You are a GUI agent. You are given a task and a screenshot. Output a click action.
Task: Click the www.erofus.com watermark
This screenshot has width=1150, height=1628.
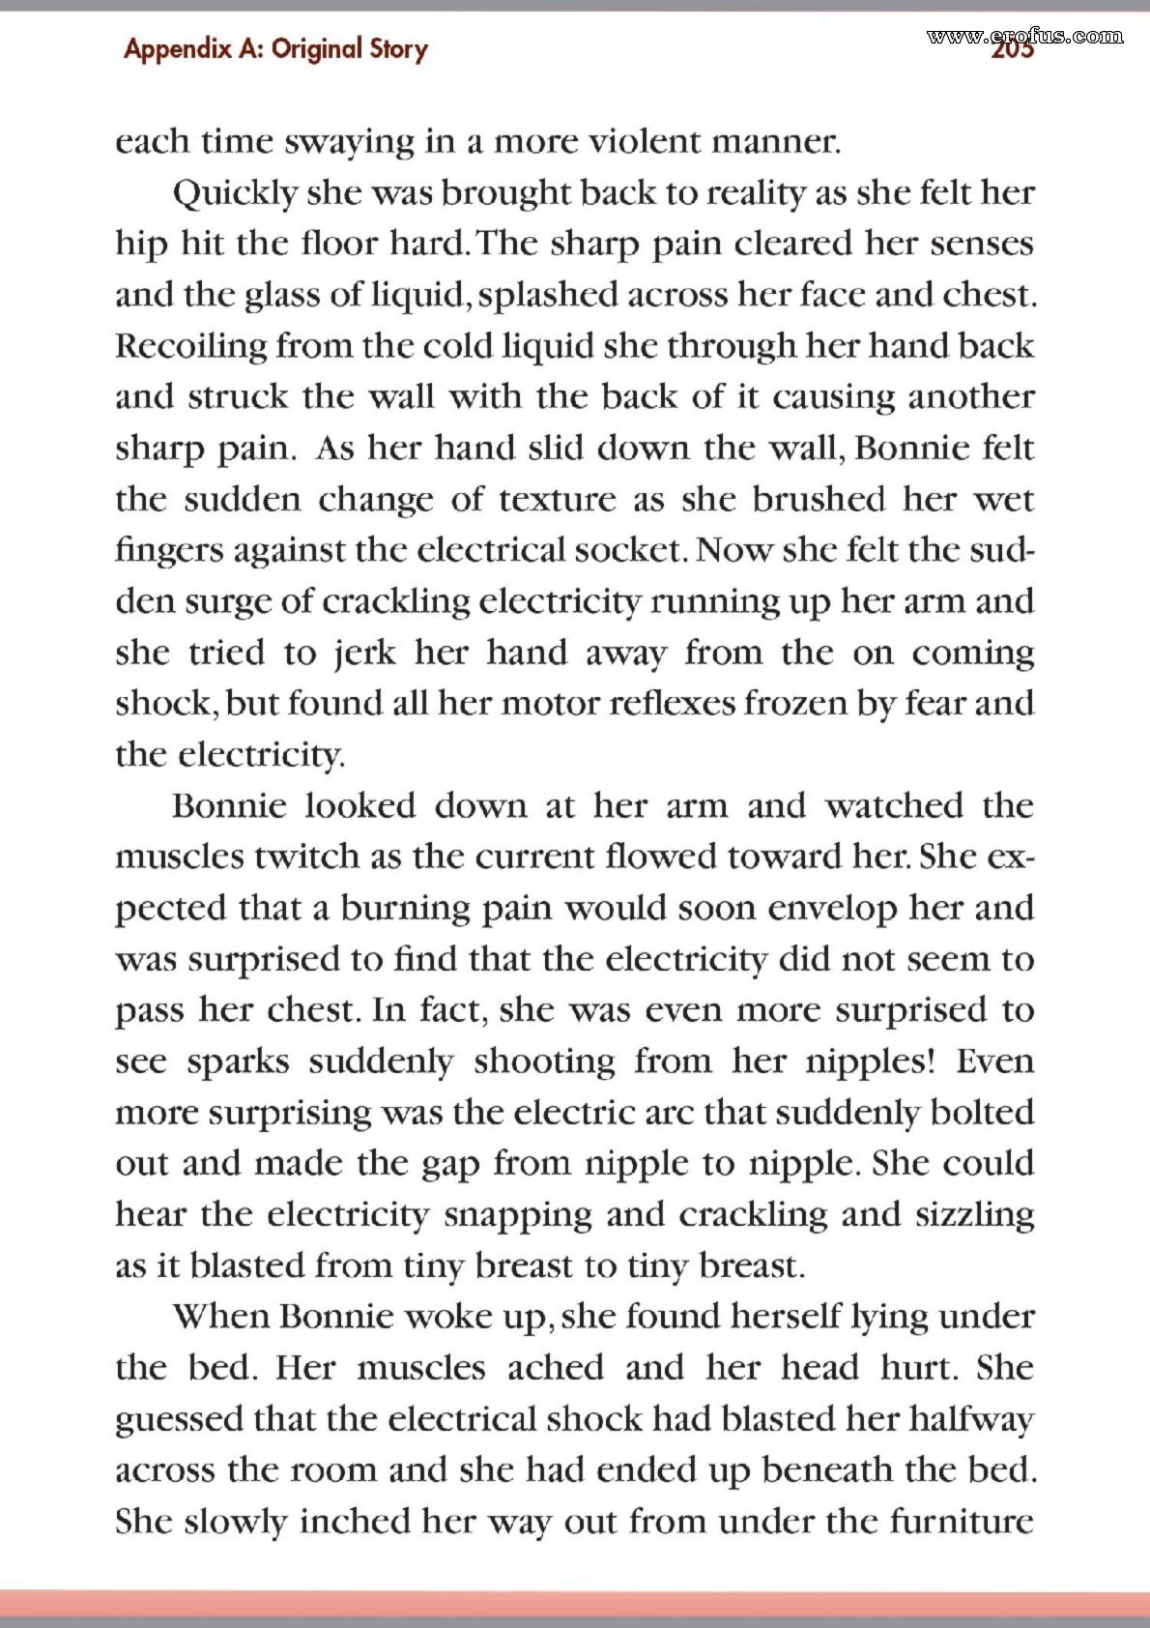click(1024, 37)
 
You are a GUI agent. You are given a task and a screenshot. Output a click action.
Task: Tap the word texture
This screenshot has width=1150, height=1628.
click(557, 500)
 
